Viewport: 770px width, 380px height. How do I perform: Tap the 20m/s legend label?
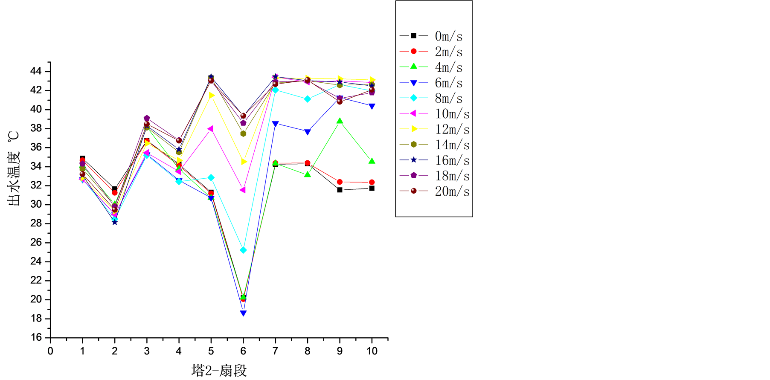click(452, 191)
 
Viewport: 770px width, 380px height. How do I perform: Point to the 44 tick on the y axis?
click(36, 71)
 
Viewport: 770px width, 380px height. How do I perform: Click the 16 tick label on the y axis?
click(36, 337)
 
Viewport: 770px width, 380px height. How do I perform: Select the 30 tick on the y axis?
click(36, 204)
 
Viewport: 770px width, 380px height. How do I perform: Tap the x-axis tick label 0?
click(50, 351)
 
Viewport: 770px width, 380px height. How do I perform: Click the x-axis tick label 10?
click(372, 351)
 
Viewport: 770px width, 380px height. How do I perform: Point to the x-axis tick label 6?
click(243, 351)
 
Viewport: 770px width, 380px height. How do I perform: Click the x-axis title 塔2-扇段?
click(219, 370)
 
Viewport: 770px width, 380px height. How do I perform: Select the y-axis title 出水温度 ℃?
click(14, 168)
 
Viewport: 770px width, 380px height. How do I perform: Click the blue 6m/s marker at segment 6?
click(243, 313)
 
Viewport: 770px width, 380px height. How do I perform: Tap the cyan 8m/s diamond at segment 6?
click(243, 250)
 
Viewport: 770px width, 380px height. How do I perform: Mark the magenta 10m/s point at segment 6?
click(243, 190)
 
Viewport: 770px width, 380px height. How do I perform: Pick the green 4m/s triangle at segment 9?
click(340, 121)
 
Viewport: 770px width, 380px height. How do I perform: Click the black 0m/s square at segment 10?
click(372, 188)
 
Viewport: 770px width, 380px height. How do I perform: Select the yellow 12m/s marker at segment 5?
click(212, 95)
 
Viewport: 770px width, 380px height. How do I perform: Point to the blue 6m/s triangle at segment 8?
click(308, 132)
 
